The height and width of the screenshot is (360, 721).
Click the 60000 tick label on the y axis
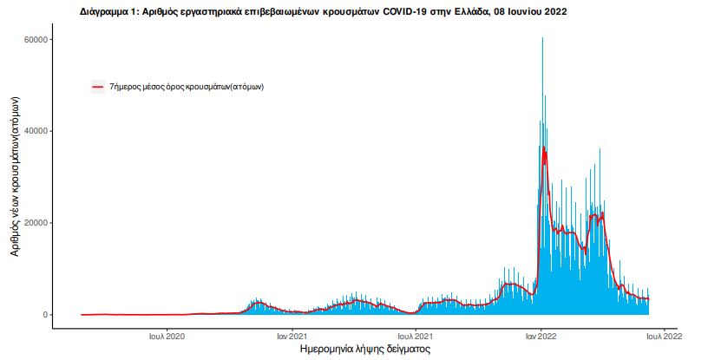pyautogui.click(x=34, y=40)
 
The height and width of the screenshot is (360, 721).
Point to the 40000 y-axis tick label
pyautogui.click(x=34, y=131)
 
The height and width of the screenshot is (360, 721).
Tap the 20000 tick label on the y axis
pyautogui.click(x=34, y=223)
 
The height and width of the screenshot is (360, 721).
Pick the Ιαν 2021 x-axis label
pyautogui.click(x=293, y=335)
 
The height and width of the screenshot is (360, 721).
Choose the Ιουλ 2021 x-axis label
pyautogui.click(x=416, y=335)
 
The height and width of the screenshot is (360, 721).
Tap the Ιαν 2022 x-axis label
pyautogui.click(x=541, y=335)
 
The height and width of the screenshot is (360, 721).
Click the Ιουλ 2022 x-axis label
pyautogui.click(x=664, y=335)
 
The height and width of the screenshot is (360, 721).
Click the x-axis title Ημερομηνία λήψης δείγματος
pyautogui.click(x=364, y=349)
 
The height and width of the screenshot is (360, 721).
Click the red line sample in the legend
pyautogui.click(x=98, y=87)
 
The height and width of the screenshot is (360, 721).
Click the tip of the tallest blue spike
pyautogui.click(x=542, y=38)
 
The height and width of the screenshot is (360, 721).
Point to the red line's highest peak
pyautogui.click(x=543, y=147)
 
